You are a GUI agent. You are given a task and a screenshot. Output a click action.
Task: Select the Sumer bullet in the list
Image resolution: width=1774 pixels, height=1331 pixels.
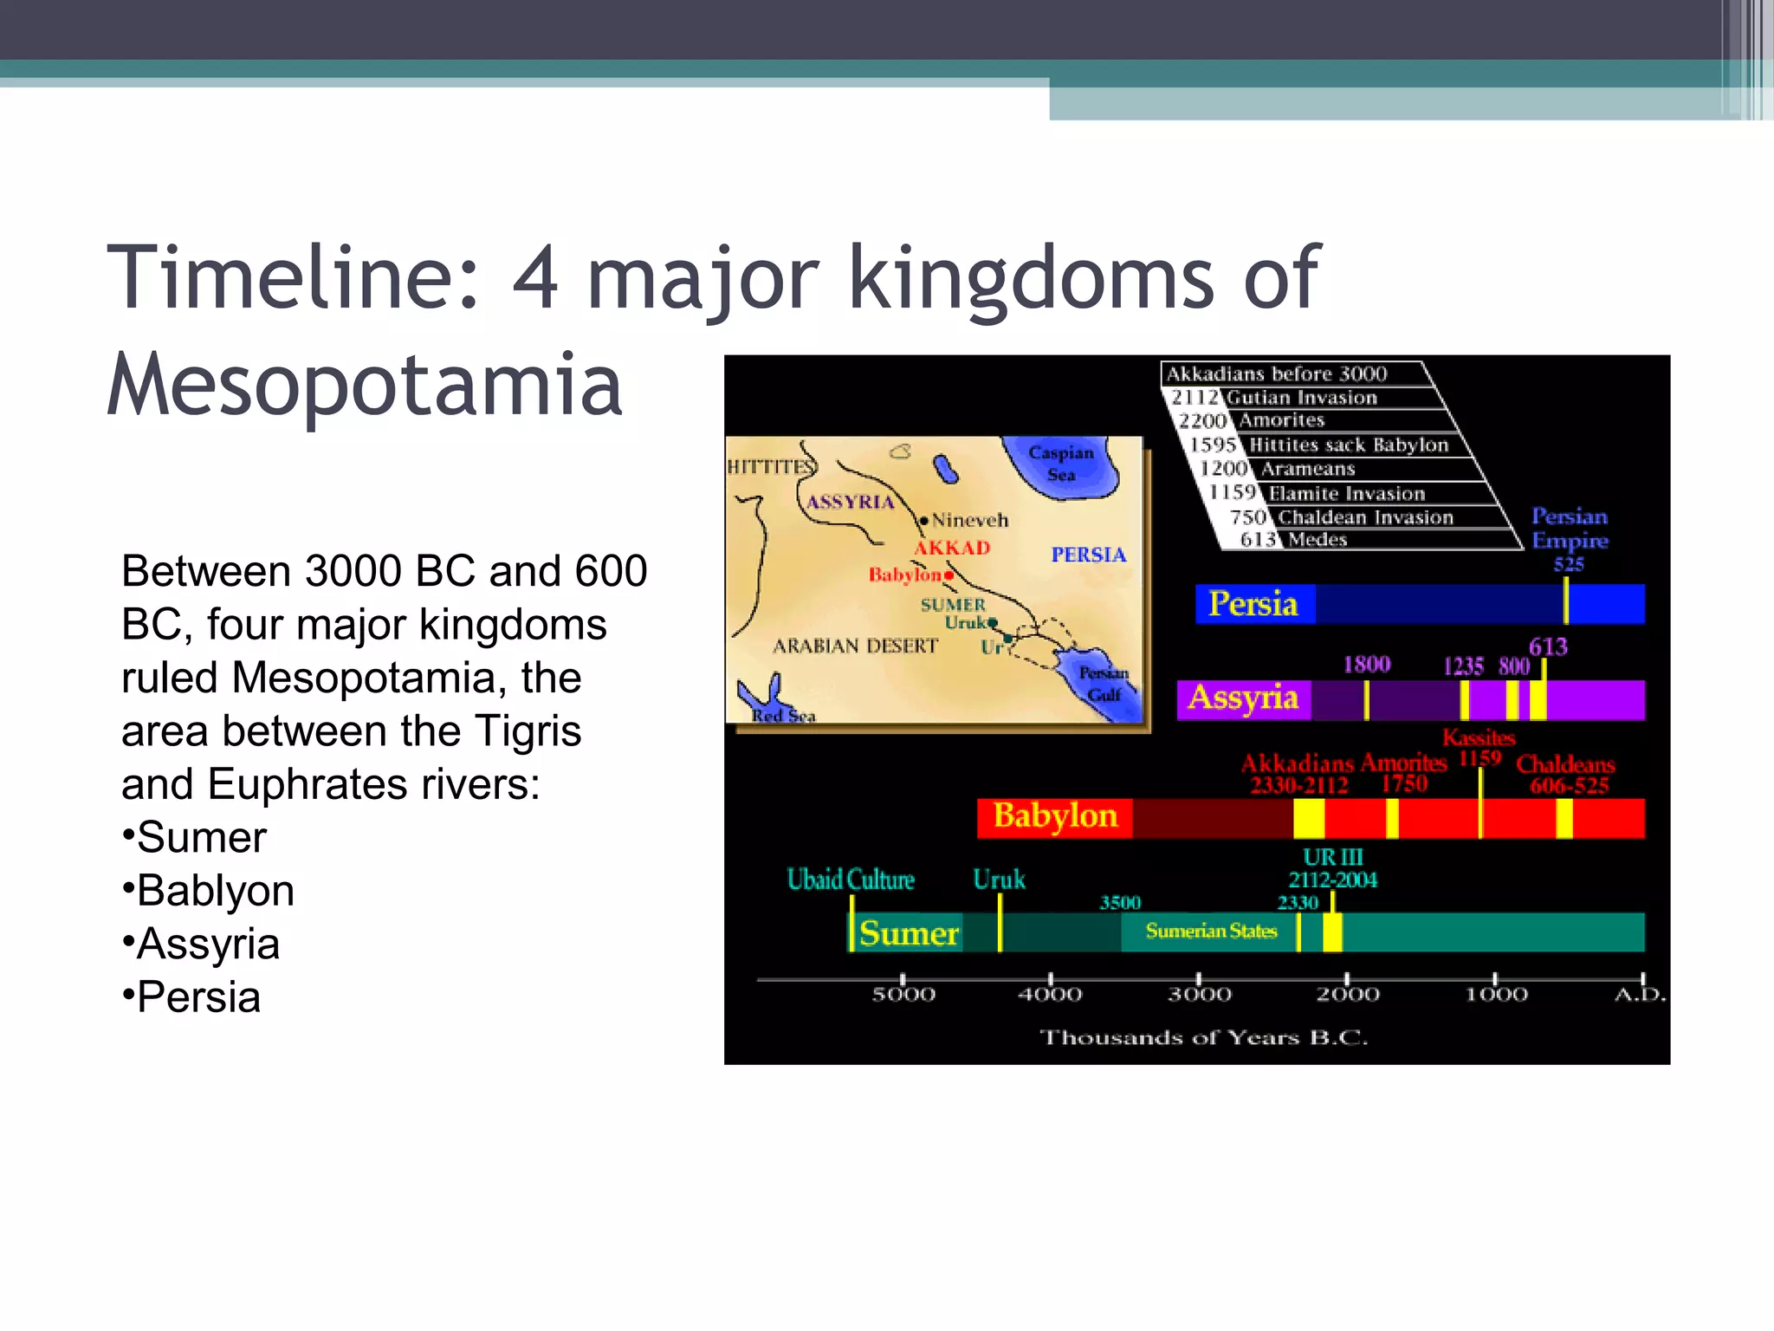pyautogui.click(x=201, y=838)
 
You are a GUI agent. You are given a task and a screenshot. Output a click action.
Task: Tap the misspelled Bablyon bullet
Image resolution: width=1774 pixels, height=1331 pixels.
pyautogui.click(x=215, y=891)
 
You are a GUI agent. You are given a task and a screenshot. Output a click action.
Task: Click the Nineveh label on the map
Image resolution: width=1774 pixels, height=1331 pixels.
pyautogui.click(x=969, y=521)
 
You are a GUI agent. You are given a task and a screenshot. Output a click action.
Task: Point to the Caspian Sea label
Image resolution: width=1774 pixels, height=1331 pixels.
pyautogui.click(x=1061, y=463)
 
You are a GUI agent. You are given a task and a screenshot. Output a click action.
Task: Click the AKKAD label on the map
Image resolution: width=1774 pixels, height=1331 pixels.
pyautogui.click(x=952, y=548)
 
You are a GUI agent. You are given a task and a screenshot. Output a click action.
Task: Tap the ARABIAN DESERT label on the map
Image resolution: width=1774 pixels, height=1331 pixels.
pyautogui.click(x=855, y=646)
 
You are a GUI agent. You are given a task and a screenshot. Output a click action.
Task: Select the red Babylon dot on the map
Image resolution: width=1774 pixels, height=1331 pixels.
pyautogui.click(x=949, y=575)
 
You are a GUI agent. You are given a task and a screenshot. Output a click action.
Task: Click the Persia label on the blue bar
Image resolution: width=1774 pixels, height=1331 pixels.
pyautogui.click(x=1253, y=604)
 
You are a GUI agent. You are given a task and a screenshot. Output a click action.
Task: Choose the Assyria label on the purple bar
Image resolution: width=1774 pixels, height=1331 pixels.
pyautogui.click(x=1243, y=698)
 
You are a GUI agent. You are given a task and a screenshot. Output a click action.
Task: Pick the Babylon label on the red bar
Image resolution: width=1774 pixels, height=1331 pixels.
pyautogui.click(x=1055, y=816)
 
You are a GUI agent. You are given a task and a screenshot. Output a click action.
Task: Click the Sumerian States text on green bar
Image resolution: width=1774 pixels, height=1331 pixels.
pyautogui.click(x=1211, y=932)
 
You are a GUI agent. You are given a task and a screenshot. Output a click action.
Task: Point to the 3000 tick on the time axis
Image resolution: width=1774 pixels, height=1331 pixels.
pyautogui.click(x=1199, y=994)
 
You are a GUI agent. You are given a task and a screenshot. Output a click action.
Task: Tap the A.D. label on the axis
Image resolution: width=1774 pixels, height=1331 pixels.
pyautogui.click(x=1640, y=995)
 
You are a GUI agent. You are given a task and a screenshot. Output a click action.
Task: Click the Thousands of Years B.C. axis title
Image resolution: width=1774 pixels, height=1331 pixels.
pyautogui.click(x=1203, y=1038)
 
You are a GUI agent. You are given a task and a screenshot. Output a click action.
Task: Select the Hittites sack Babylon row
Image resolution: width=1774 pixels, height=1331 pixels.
pyautogui.click(x=1348, y=445)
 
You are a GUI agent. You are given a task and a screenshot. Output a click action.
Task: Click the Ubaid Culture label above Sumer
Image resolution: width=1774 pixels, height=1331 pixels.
pyautogui.click(x=851, y=880)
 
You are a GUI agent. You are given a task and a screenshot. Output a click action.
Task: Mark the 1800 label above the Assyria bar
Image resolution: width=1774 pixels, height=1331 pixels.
pyautogui.click(x=1366, y=665)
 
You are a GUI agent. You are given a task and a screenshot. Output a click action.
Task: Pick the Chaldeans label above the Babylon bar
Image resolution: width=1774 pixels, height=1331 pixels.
pyautogui.click(x=1565, y=764)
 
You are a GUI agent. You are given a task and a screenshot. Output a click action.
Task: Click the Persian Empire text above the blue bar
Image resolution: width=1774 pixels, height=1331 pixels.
pyautogui.click(x=1570, y=529)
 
